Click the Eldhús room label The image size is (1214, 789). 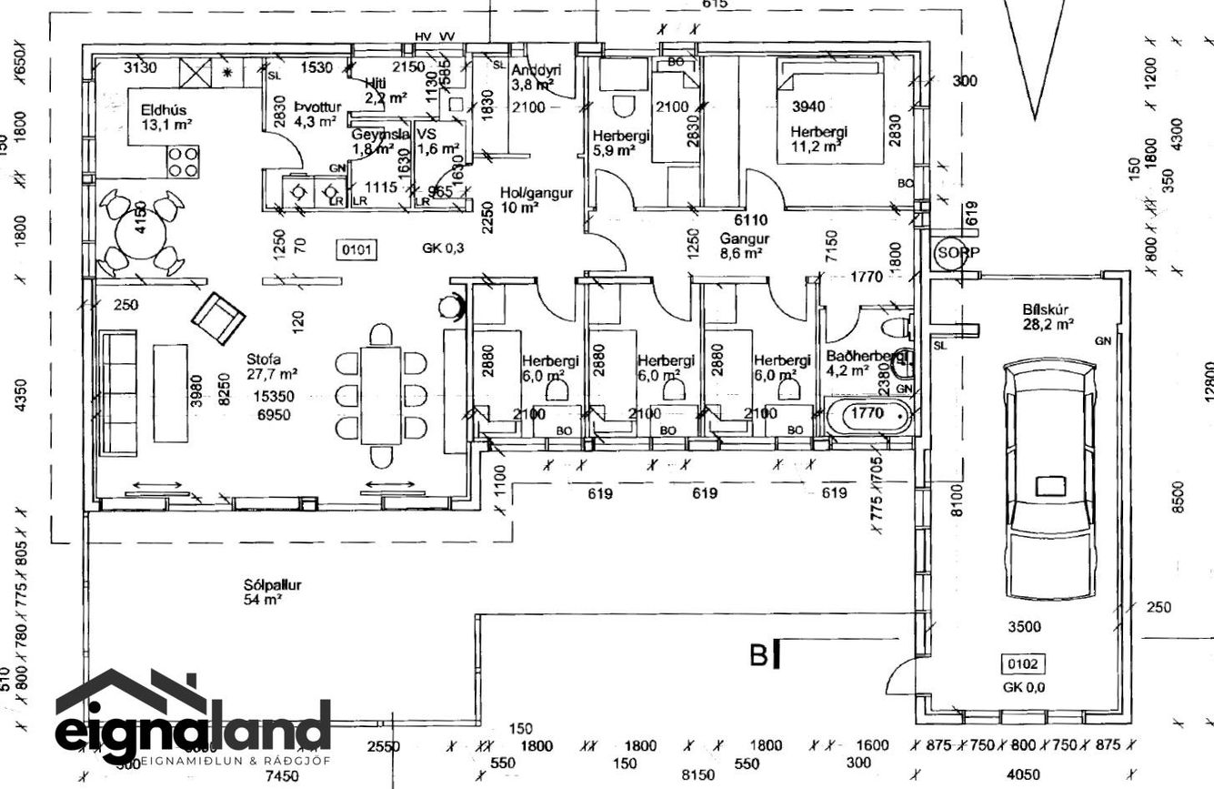tap(163, 110)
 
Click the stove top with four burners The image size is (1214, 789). tap(183, 162)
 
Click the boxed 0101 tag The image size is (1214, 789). tap(356, 248)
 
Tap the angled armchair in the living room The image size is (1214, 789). tap(218, 318)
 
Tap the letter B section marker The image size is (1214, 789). tap(759, 655)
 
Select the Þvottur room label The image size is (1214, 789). tap(317, 108)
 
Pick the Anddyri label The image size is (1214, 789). tap(535, 70)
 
